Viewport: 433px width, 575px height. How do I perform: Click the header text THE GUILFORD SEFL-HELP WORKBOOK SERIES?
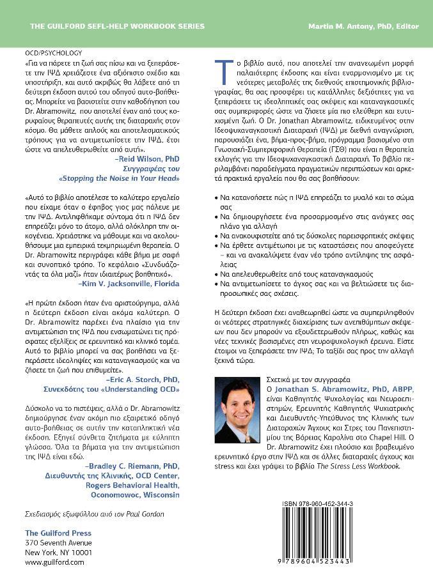click(117, 26)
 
